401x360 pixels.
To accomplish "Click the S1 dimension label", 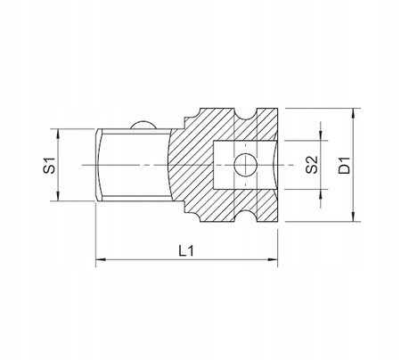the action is pyautogui.click(x=49, y=166).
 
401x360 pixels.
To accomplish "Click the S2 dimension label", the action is pyautogui.click(x=312, y=165).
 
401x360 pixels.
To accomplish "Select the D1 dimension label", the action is pyautogui.click(x=345, y=166).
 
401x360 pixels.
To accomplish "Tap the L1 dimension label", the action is pyautogui.click(x=186, y=251).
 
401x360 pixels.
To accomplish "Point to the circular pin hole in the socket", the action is pyautogui.click(x=245, y=165).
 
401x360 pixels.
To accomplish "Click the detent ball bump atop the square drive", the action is pyautogui.click(x=143, y=125).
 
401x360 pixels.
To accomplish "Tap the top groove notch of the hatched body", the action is pyautogui.click(x=245, y=114).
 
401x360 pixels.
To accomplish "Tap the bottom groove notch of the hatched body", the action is pyautogui.click(x=245, y=216).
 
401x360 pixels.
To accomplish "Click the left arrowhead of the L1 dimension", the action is pyautogui.click(x=101, y=259).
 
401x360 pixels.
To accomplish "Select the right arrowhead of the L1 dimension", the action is pyautogui.click(x=273, y=259).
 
